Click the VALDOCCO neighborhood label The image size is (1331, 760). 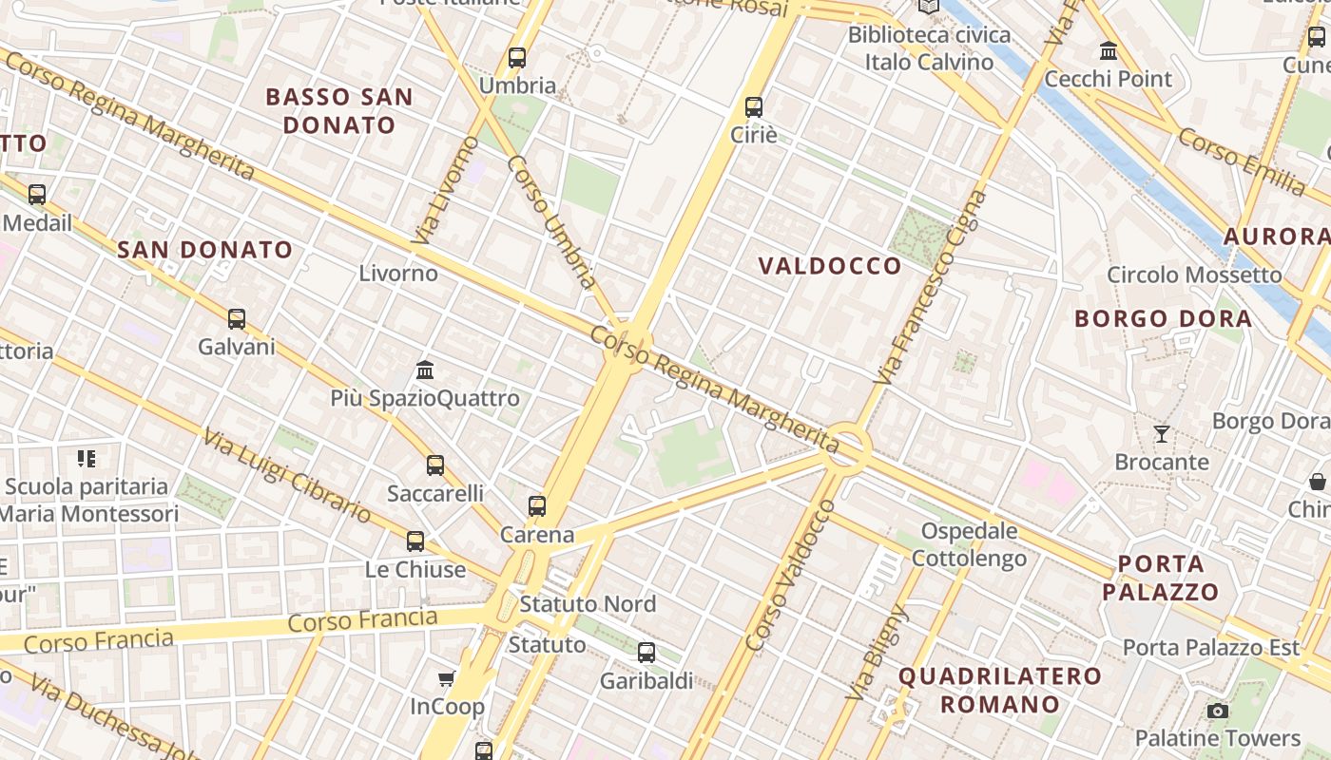[830, 266]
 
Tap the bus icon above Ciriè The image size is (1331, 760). [754, 106]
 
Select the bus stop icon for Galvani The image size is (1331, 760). [237, 319]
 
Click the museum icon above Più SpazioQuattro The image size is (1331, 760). [425, 370]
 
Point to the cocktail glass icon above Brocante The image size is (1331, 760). [1162, 434]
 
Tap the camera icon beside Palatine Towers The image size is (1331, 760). [1217, 711]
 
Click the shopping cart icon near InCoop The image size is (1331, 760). [446, 678]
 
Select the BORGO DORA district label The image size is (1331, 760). [1163, 318]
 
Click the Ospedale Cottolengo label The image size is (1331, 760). [969, 544]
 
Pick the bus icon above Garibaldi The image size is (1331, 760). [646, 653]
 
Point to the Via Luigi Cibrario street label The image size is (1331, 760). [286, 475]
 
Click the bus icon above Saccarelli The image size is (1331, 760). [435, 465]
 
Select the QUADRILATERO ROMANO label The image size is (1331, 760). [999, 691]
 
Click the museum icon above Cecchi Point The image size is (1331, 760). [1109, 50]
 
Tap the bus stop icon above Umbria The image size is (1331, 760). [517, 57]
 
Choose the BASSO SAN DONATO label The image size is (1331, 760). [339, 111]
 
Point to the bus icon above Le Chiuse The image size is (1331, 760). [415, 541]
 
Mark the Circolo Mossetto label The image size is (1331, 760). [1194, 275]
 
